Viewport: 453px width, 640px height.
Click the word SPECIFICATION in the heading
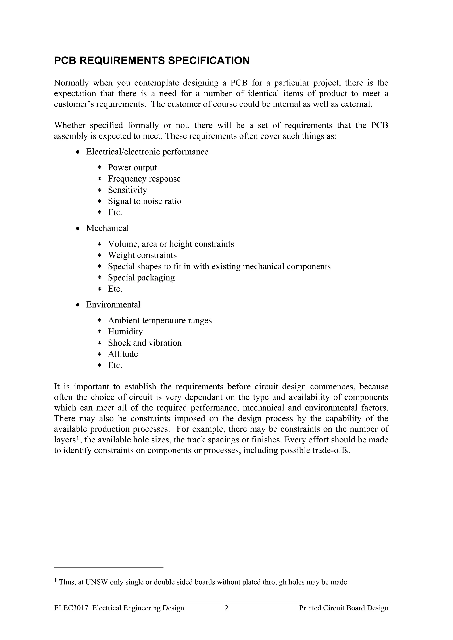click(209, 61)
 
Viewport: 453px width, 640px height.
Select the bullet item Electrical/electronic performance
click(147, 152)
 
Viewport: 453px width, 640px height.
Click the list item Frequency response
click(144, 179)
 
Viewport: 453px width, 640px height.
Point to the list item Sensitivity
click(127, 190)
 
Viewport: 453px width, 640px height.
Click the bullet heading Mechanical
click(107, 228)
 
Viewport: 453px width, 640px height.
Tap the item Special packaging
click(141, 278)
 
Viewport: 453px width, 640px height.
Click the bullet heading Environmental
click(113, 305)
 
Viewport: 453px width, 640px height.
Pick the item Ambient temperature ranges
click(160, 321)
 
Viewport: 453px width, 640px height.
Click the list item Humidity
click(125, 332)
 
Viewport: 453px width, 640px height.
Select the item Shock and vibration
click(145, 343)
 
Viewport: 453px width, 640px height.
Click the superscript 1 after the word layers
click(78, 438)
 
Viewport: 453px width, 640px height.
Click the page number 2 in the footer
click(226, 608)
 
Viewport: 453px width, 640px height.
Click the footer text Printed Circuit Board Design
click(344, 608)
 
